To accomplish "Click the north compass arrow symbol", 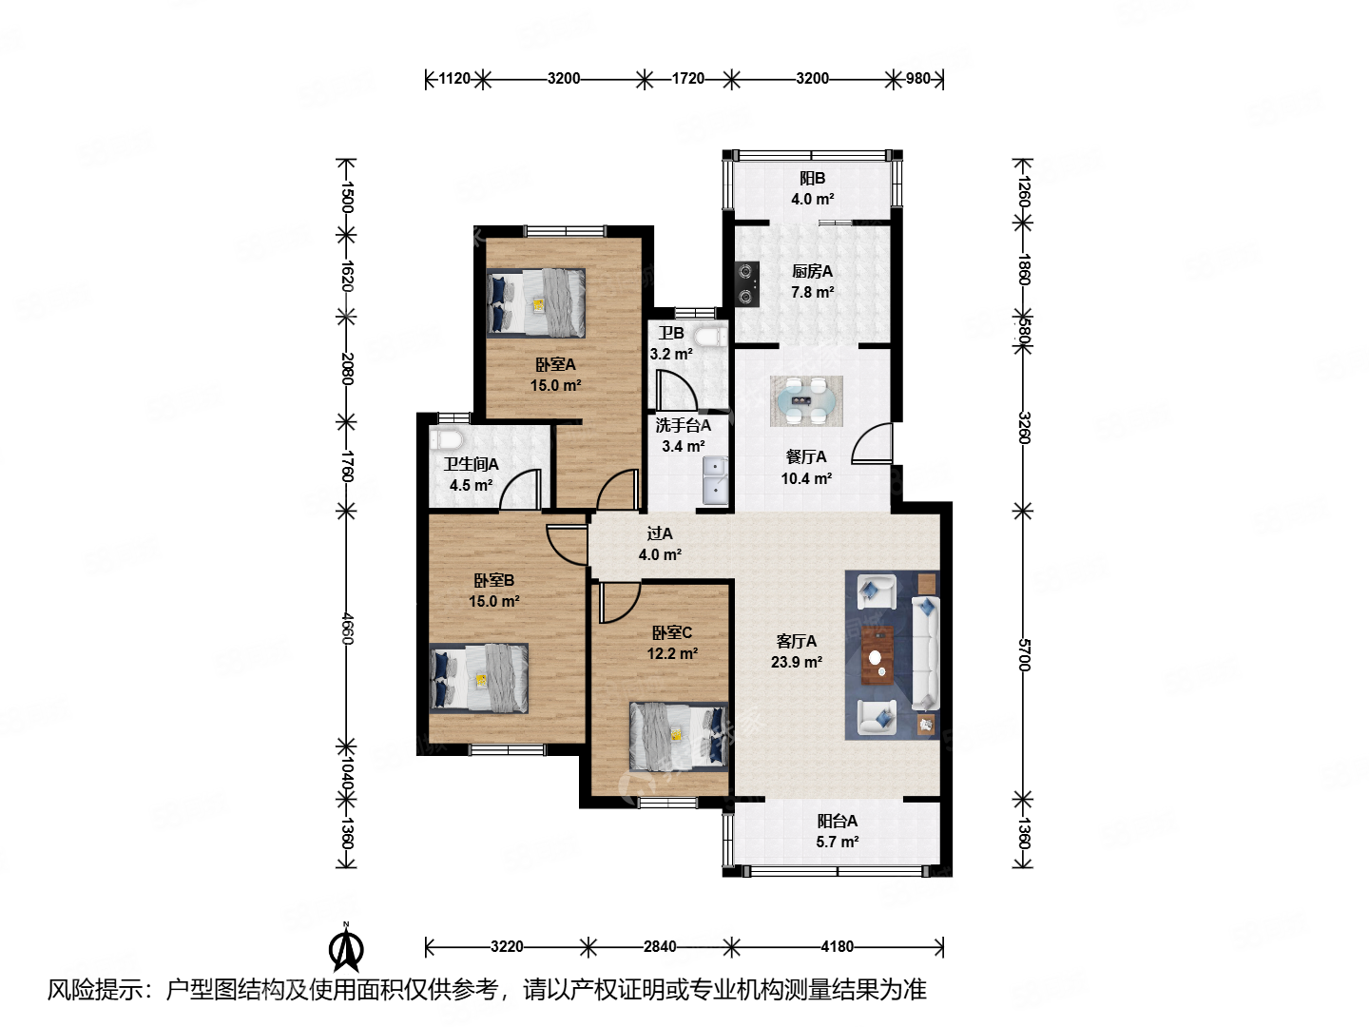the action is (345, 947).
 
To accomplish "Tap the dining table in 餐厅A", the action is (806, 401).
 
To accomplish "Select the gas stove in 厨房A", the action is (746, 283).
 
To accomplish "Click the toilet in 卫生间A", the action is (446, 439).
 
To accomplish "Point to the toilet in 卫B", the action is (710, 338).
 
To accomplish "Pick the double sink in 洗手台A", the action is (715, 480).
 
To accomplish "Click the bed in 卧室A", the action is (536, 303).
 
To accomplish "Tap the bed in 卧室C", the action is (679, 736).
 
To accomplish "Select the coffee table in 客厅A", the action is (877, 655).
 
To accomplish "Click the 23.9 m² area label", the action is (797, 662).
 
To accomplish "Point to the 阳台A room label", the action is (837, 821).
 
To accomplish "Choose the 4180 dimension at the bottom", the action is (837, 946).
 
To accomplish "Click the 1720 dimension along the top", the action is (687, 79).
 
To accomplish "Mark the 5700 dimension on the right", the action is (1023, 655).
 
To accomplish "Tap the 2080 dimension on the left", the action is (347, 369).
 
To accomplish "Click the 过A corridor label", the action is (659, 533).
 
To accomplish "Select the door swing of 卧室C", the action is (619, 602).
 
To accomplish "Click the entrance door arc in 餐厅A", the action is (871, 443).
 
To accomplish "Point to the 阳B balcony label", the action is (812, 179).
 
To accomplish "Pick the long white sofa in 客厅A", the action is (926, 653).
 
